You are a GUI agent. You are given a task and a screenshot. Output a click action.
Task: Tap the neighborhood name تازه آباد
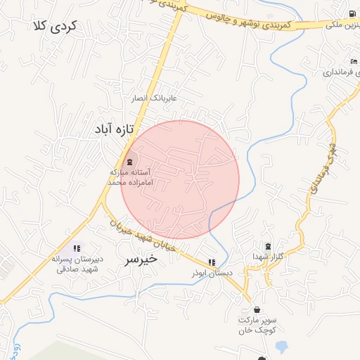point(112,129)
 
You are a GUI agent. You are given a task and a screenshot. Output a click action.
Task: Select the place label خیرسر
point(141,259)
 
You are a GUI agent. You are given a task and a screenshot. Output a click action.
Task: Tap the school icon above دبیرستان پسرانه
point(77,248)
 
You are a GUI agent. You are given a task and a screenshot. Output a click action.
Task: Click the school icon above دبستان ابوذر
point(212,262)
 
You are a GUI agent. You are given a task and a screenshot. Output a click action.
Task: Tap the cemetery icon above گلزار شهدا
point(267,246)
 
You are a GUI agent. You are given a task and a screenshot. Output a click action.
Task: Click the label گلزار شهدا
point(267,257)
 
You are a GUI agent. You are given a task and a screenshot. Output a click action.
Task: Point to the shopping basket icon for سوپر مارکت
point(256,309)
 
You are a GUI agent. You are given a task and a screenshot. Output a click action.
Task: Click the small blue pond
point(282,347)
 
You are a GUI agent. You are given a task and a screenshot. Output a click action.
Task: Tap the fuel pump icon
point(351,14)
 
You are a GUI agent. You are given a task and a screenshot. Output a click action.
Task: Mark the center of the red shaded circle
point(180,180)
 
